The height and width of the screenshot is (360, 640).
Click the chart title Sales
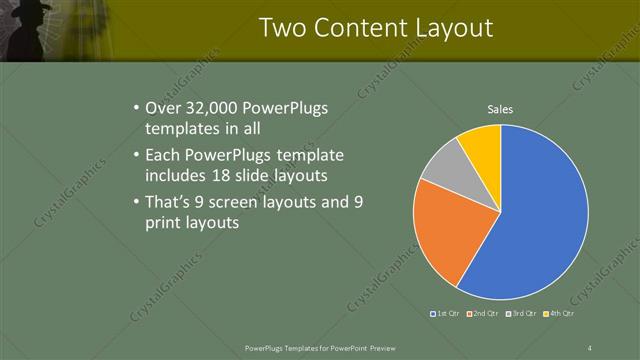[500, 109]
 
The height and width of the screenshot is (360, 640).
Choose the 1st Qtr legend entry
[445, 314]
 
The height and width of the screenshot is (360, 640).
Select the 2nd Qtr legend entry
[483, 314]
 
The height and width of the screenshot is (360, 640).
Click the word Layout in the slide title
[451, 28]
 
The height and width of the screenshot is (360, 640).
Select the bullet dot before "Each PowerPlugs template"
[136, 156]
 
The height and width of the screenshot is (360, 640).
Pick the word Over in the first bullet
[162, 109]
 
